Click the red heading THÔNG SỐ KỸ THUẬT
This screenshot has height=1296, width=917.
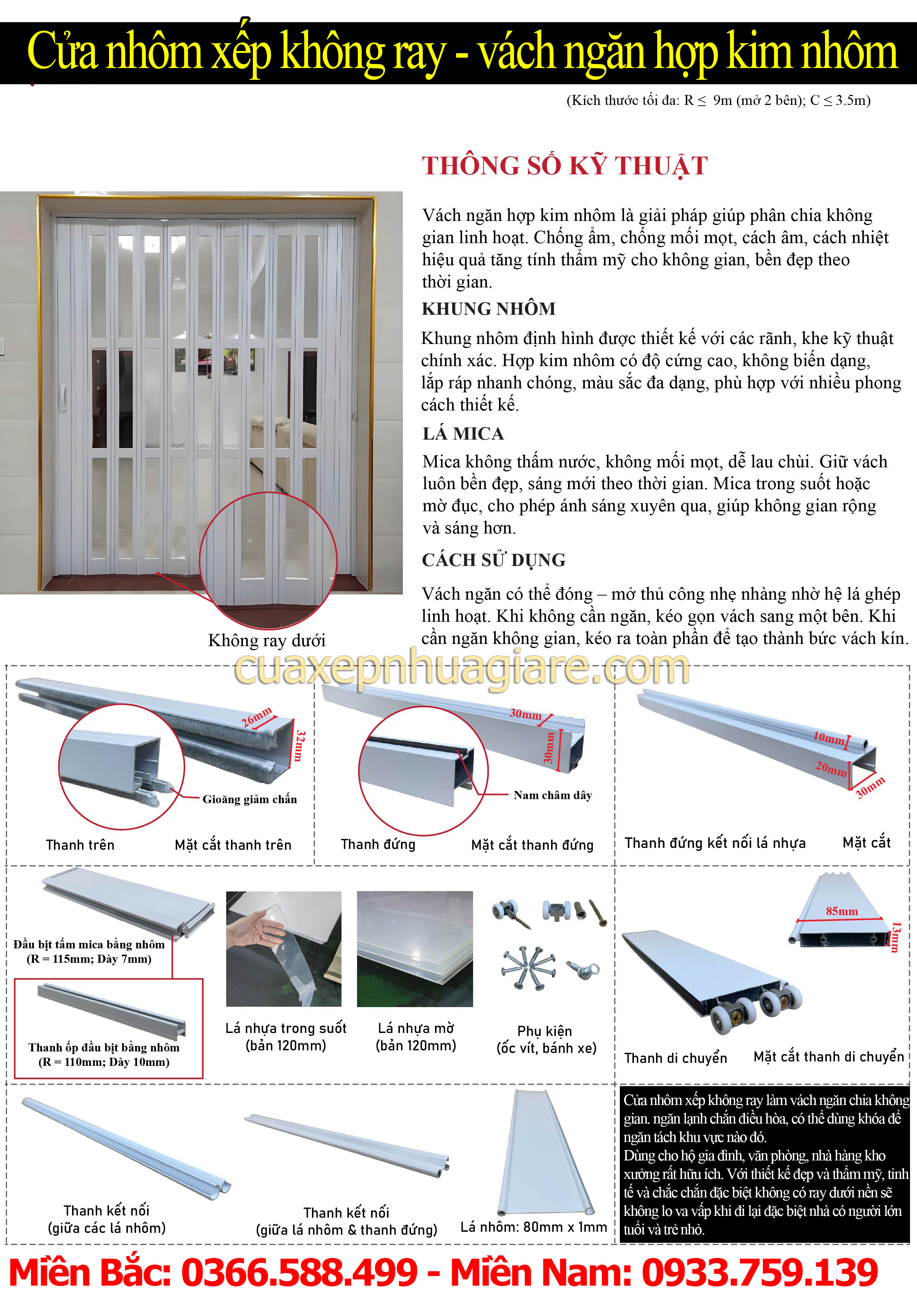coord(565,166)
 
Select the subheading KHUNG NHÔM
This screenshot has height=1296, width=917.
coord(488,309)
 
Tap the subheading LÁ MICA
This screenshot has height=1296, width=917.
coord(463,433)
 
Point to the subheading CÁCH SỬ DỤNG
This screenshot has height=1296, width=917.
coord(493,560)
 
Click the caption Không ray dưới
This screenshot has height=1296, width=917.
coord(266,641)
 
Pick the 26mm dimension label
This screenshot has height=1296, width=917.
coord(257,716)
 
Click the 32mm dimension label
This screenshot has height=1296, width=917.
coord(300,745)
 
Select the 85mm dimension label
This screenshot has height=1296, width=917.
coord(841,911)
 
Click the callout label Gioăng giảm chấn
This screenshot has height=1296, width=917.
coord(249,799)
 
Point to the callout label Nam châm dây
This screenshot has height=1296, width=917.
coord(553,795)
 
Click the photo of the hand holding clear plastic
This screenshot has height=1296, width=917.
coord(283,949)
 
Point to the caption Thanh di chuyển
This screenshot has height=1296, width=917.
coord(675,1058)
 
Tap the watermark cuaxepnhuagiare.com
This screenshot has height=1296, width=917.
coord(462,668)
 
